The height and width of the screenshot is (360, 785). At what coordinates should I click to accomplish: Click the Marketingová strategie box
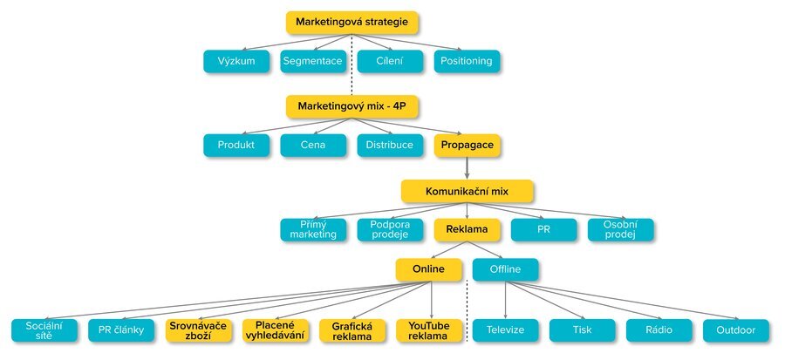(352, 22)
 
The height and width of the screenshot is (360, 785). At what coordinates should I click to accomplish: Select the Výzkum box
(236, 61)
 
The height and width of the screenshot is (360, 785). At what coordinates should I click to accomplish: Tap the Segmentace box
(313, 61)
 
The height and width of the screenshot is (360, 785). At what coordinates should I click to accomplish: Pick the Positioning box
(467, 61)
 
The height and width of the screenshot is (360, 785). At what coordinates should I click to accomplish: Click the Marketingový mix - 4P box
(352, 106)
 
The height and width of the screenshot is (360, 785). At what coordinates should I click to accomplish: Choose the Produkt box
(236, 146)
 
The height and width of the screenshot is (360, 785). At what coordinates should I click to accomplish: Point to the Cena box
(313, 146)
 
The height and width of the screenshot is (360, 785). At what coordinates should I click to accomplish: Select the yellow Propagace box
(467, 146)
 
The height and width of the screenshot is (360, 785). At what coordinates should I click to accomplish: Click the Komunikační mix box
(467, 191)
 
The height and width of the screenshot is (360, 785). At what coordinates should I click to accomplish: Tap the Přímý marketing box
(313, 230)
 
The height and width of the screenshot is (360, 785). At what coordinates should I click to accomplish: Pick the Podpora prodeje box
(390, 230)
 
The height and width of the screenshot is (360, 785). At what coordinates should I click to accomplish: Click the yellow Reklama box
(467, 230)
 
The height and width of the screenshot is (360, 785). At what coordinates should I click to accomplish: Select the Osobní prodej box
(620, 230)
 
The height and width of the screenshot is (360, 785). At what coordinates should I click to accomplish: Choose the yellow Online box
(428, 269)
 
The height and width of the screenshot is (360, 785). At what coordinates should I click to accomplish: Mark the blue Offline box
(505, 269)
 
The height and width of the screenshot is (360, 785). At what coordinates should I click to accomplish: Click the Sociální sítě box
(44, 330)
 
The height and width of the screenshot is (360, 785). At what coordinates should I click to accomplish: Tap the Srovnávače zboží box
(198, 330)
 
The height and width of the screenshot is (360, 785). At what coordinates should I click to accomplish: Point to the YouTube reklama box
(428, 330)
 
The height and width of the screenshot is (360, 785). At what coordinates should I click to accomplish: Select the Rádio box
(659, 330)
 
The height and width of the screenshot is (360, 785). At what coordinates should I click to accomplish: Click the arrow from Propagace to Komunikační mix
(467, 168)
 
